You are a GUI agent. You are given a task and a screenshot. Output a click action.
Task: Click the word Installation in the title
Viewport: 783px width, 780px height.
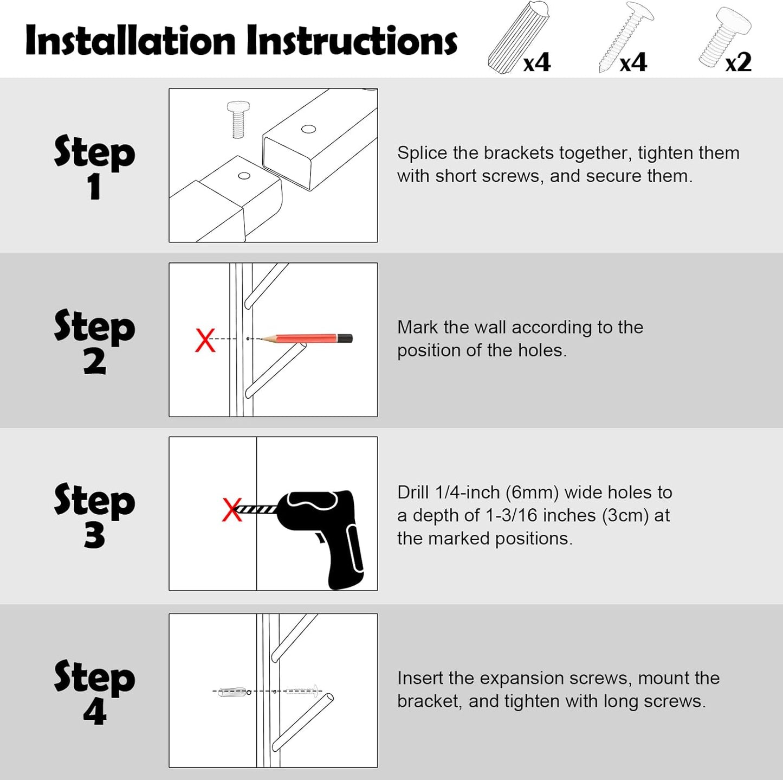[130, 41]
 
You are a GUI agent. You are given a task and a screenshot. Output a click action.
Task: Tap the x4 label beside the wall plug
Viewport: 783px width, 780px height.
[536, 62]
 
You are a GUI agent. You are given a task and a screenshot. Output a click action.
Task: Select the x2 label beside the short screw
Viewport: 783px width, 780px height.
[738, 62]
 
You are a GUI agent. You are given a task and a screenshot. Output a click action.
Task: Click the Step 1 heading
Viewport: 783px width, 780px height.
[94, 165]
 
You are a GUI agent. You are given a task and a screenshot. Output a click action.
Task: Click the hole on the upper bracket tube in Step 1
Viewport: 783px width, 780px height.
[308, 129]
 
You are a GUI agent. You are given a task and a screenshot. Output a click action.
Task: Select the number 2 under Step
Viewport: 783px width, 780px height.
[95, 362]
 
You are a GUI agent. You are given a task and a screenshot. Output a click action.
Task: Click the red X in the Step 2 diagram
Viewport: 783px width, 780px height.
[205, 340]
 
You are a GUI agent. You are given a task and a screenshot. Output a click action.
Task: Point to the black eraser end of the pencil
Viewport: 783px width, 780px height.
[345, 338]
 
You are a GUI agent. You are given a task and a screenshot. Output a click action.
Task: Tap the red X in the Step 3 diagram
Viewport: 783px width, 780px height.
[232, 510]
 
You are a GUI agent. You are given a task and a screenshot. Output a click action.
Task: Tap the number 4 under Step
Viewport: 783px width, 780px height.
[95, 712]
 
